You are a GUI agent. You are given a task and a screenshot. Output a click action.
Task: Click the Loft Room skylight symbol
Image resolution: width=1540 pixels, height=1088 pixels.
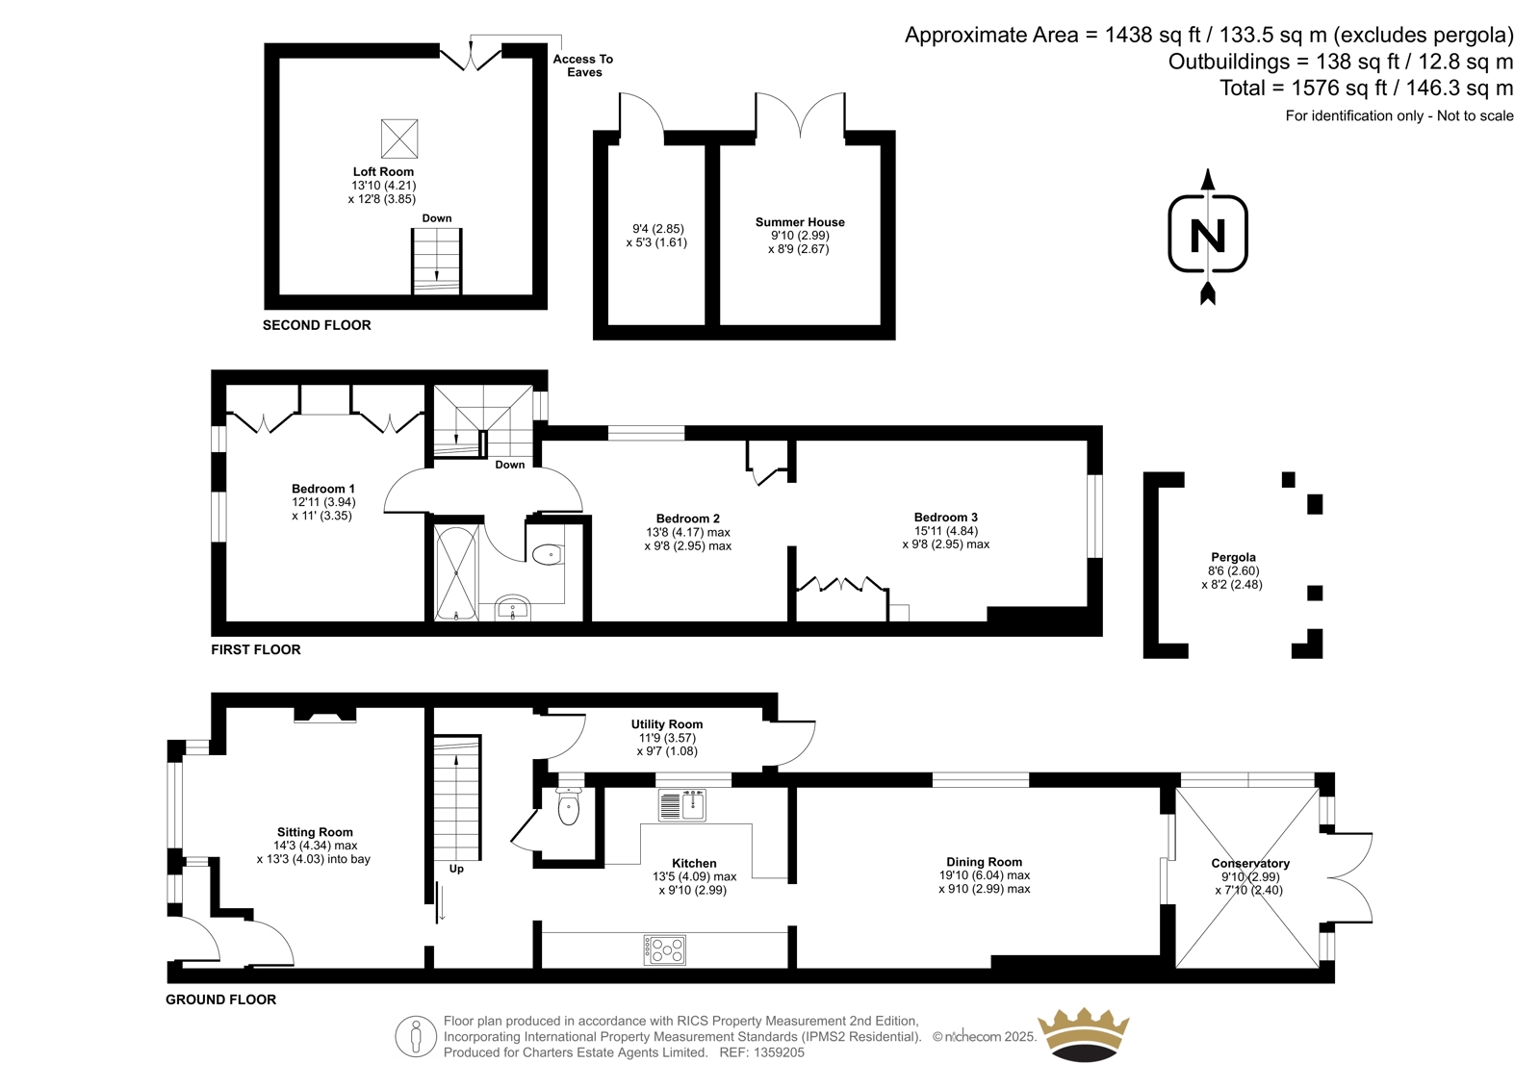[398, 139]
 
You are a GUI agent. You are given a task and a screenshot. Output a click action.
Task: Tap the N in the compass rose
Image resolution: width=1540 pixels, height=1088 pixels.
[1208, 235]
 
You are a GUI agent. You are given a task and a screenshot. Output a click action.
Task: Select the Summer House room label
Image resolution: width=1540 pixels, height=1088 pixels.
[800, 222]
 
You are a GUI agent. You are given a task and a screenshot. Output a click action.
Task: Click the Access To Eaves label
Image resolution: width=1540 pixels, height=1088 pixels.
[583, 66]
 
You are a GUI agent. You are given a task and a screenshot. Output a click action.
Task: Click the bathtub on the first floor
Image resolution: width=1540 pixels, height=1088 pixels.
[456, 572]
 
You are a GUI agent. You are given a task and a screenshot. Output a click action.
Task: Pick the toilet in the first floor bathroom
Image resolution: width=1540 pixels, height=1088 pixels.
[549, 554]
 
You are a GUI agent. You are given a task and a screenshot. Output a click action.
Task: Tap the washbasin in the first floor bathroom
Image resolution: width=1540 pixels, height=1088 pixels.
[513, 607]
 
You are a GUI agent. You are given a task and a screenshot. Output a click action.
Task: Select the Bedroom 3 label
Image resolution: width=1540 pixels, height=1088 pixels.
[945, 517]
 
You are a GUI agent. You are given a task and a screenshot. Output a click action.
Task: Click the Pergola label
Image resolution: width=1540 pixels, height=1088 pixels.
[1233, 557]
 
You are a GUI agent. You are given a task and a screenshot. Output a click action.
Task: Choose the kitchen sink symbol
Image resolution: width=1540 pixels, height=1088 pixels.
[682, 805]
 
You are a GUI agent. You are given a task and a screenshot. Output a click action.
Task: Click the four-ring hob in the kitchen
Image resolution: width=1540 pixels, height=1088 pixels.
[665, 949]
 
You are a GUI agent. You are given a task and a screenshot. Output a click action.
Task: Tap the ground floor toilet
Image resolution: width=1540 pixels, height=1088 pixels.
[569, 805]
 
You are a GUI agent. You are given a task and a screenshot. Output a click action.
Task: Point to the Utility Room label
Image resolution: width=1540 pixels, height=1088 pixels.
[667, 723]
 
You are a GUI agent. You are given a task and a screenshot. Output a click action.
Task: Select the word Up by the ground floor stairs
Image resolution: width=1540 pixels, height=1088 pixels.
[456, 869]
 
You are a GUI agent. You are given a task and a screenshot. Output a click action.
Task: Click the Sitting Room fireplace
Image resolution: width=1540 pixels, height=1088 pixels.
[325, 716]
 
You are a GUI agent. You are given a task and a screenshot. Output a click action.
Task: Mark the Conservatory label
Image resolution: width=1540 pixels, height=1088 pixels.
[1250, 863]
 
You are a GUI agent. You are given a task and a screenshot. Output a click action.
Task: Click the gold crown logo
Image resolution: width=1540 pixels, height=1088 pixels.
[1084, 1034]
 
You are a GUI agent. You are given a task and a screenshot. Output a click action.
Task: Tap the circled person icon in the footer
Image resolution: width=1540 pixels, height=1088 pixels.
[416, 1036]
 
